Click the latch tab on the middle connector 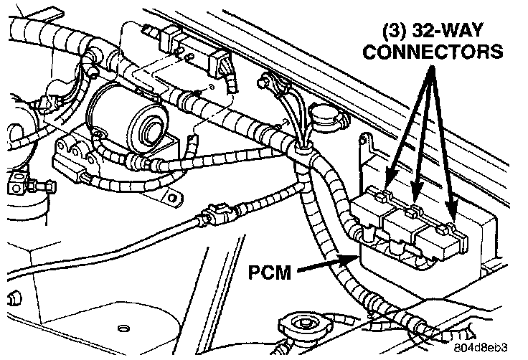[412, 210]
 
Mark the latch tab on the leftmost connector [381, 195]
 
